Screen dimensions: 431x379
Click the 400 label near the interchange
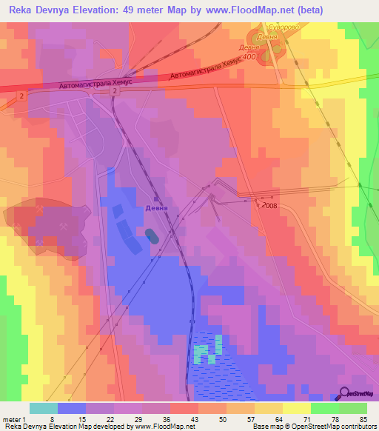[250, 56]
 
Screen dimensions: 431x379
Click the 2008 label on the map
[268, 206]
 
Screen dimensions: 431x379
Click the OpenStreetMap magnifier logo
[345, 393]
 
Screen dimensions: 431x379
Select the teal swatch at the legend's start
[43, 408]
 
